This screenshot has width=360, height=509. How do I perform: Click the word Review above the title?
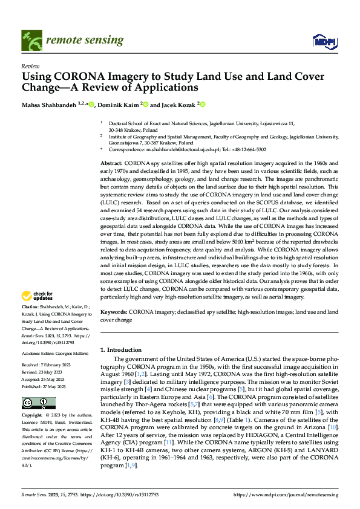click(x=30, y=66)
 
